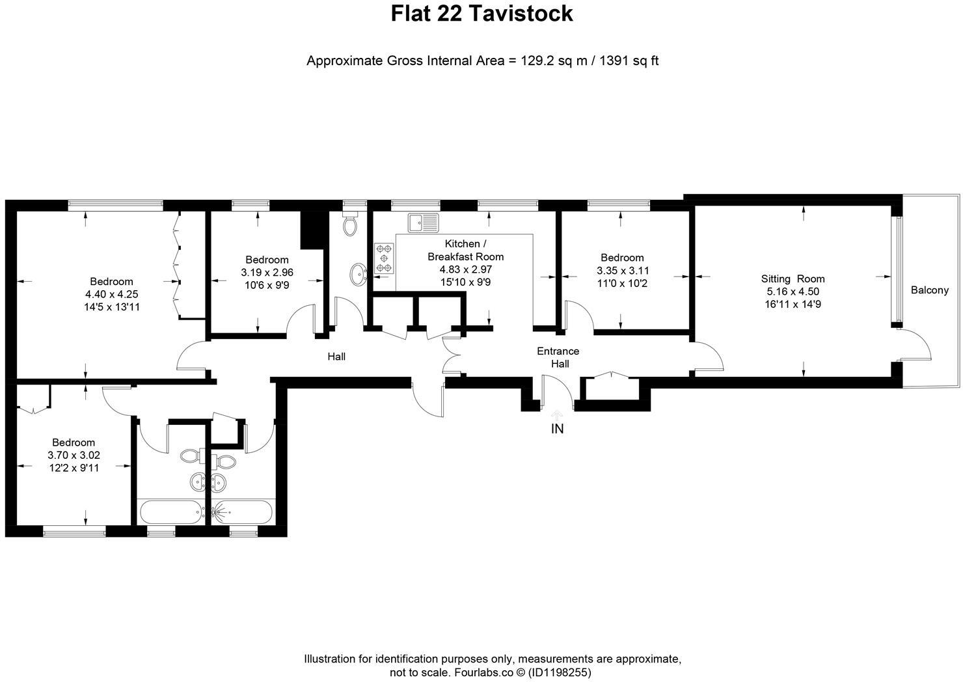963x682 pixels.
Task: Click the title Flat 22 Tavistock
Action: coord(481,14)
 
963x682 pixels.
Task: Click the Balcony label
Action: coord(929,290)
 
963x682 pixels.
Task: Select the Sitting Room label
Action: coord(793,279)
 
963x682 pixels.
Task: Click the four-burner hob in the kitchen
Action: coord(384,258)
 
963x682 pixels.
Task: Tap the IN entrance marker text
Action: coord(557,429)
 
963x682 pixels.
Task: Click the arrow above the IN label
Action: coord(557,415)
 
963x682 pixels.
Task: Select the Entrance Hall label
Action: coord(558,357)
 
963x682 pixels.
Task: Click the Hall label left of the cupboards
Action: coord(336,357)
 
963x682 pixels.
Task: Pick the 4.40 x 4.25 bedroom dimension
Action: coord(111,294)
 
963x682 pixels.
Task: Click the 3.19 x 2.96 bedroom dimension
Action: coord(267,273)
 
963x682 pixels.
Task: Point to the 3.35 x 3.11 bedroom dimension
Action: coord(623,271)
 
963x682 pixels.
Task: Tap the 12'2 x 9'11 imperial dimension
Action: coord(74,467)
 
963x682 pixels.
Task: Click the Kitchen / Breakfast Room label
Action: coord(465,250)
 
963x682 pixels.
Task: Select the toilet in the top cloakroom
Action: coord(351,225)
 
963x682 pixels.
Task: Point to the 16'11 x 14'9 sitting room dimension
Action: coord(793,304)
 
